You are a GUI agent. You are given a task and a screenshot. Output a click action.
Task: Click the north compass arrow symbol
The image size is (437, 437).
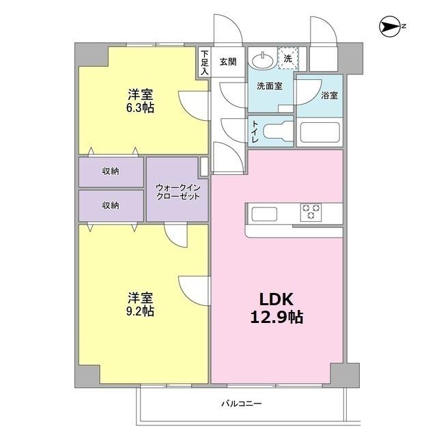[x=391, y=27]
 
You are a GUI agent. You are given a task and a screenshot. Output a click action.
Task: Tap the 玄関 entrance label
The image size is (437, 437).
[x=227, y=61]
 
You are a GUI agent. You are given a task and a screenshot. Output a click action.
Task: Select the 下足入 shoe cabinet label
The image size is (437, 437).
[x=204, y=61]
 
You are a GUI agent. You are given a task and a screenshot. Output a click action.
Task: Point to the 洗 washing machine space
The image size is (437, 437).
[x=287, y=59]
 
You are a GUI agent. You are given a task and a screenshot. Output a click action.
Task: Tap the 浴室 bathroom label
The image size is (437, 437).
[x=329, y=96]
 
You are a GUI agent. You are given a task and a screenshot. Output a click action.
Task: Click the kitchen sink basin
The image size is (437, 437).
[x=264, y=214]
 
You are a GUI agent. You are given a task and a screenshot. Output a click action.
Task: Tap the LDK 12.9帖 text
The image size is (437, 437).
[x=276, y=308]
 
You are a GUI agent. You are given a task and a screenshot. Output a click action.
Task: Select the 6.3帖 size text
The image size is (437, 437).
[x=139, y=107]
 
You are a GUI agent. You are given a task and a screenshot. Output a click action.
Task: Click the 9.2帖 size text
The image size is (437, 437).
[x=139, y=311]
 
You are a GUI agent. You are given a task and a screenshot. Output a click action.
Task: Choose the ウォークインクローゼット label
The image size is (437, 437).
[x=178, y=191]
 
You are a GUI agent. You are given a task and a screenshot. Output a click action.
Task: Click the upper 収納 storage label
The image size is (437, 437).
[x=111, y=171]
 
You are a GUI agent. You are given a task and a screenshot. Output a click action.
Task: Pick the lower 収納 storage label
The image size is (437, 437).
[x=111, y=205]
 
